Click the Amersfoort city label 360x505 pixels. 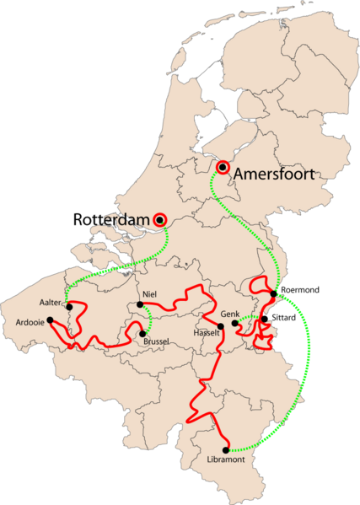(x=275, y=175)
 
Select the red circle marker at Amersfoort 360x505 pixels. (x=223, y=167)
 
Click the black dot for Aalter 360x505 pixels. (x=69, y=306)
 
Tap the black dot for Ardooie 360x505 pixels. (x=50, y=320)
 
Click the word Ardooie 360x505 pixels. (x=30, y=321)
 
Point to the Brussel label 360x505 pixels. (x=157, y=341)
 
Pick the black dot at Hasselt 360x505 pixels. (x=221, y=326)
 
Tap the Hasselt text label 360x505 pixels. (x=207, y=334)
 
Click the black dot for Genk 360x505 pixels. (x=234, y=322)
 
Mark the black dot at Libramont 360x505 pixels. (x=226, y=449)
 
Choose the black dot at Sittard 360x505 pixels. (x=265, y=319)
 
